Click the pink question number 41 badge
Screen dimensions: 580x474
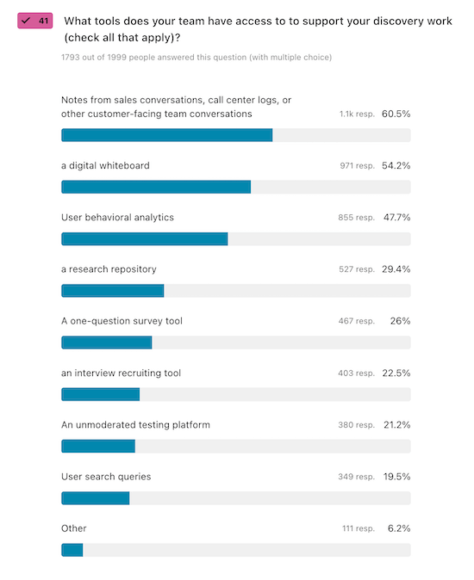coord(36,20)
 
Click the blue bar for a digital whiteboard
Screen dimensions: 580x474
coord(156,187)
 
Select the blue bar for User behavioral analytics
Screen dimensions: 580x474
coord(145,238)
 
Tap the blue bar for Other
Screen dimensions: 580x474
coord(72,549)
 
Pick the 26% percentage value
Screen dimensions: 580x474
coord(400,321)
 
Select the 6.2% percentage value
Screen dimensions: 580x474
coord(399,528)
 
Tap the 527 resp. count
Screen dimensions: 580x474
coord(356,269)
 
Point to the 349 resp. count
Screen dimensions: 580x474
coord(356,477)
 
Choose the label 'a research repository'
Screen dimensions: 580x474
coord(109,269)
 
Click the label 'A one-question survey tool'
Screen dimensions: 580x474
coord(122,321)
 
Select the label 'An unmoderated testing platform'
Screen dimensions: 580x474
coord(135,424)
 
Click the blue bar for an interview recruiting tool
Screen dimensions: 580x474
coord(100,394)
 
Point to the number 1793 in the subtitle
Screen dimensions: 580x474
coord(72,58)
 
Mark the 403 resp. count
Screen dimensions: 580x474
coord(356,373)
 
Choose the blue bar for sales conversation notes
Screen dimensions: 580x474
coord(166,135)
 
